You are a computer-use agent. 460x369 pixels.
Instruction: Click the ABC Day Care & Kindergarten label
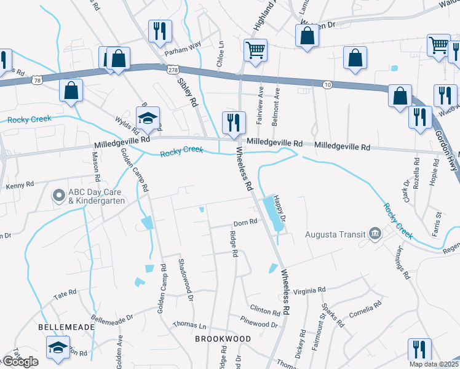[x=97, y=196]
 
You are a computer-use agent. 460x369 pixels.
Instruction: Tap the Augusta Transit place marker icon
[x=375, y=234]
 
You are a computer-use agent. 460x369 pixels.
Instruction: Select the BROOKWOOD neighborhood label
[x=223, y=339]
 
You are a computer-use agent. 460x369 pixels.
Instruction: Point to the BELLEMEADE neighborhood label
[x=67, y=327]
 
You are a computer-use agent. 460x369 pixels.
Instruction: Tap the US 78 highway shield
[x=38, y=81]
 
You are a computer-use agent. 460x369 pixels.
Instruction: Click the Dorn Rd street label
[x=244, y=223]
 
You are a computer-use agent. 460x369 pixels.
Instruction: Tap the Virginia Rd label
[x=309, y=291]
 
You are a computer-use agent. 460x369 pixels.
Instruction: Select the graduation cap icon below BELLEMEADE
[x=58, y=348]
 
